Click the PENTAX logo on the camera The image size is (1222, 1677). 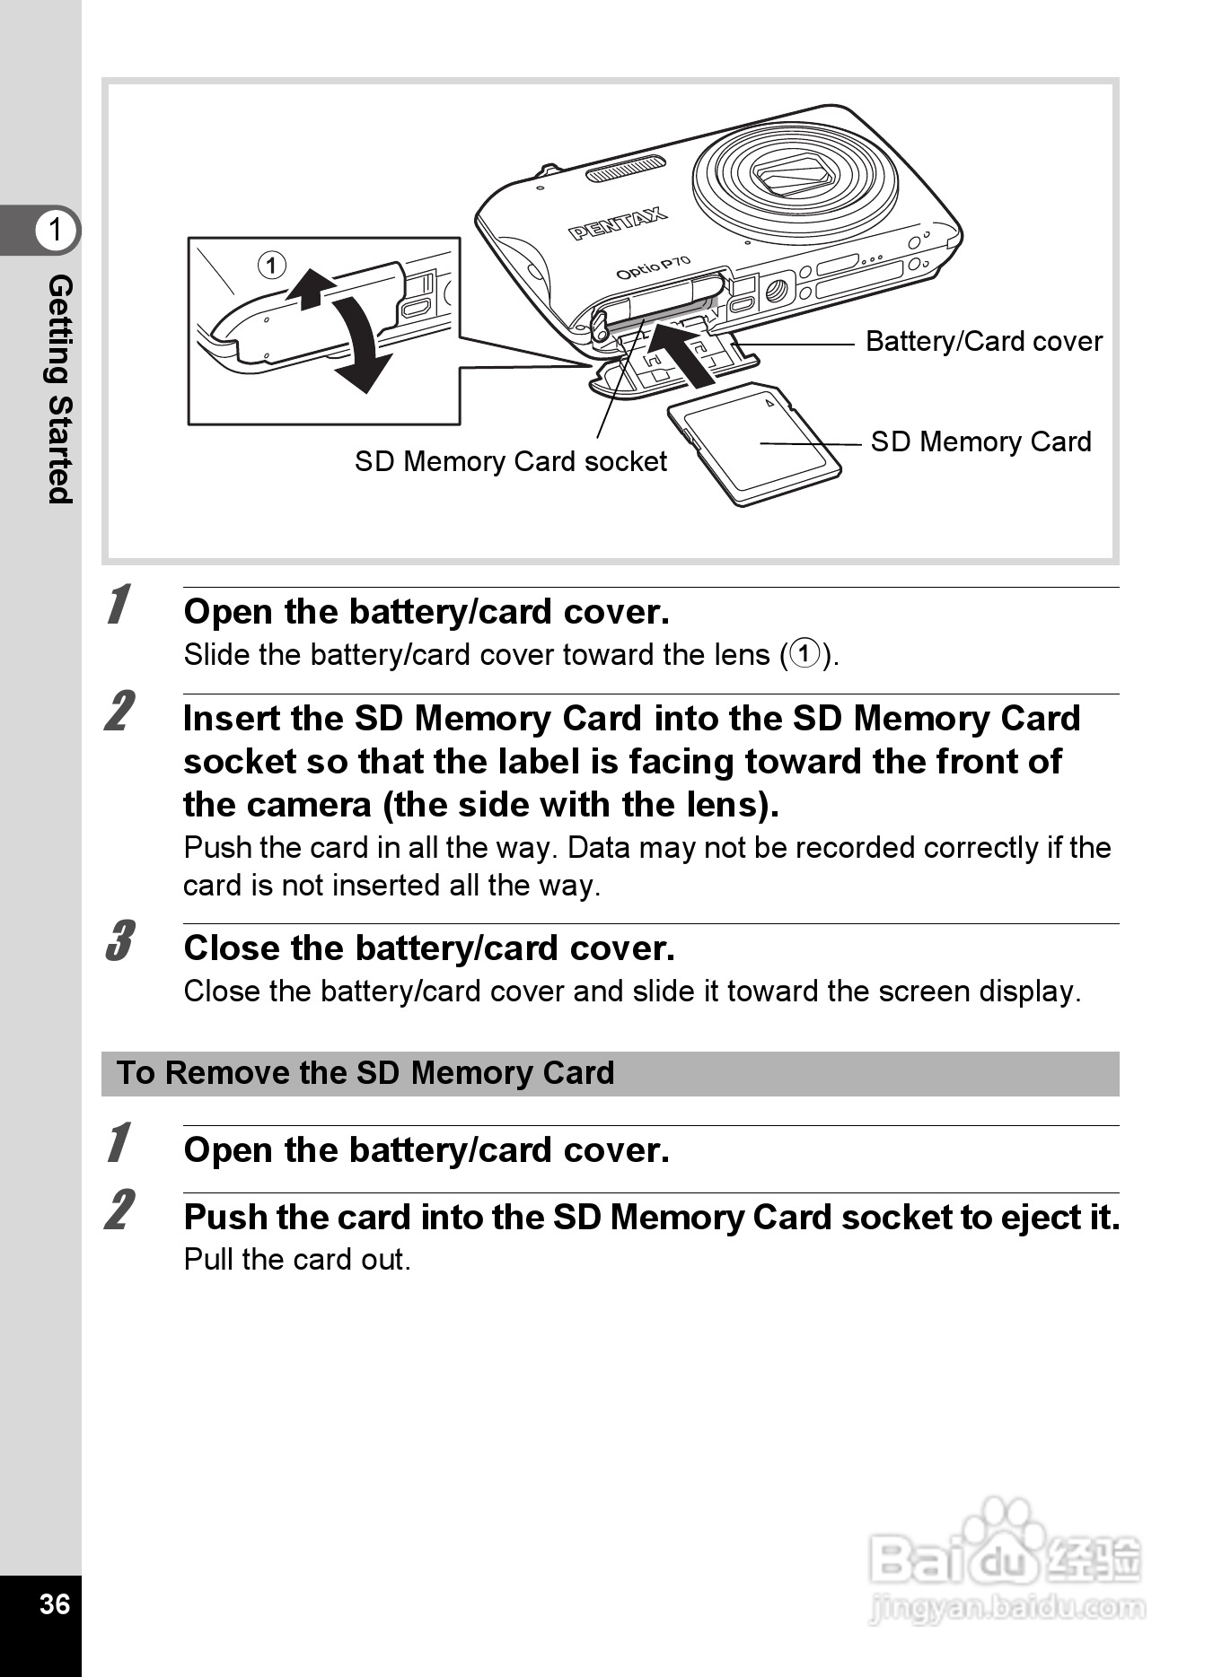[617, 223]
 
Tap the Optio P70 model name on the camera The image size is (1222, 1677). [653, 267]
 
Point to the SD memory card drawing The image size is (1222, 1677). [754, 443]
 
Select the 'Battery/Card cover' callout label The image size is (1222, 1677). [983, 341]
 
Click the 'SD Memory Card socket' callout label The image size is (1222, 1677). [510, 461]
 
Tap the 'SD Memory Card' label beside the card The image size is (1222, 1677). [980, 441]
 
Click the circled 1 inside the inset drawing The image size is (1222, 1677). [271, 265]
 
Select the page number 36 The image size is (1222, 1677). [54, 1603]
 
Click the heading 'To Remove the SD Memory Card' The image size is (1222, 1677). [365, 1073]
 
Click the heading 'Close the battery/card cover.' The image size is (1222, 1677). [429, 948]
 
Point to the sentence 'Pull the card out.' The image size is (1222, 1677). [297, 1260]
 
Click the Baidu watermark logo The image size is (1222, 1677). [1006, 1560]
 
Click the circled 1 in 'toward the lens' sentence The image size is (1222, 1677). [805, 654]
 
